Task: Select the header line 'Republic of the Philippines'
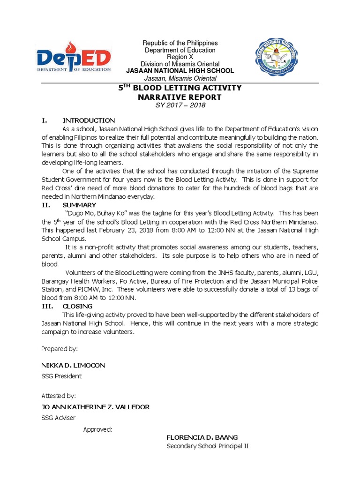click(180, 43)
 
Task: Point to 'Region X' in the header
click(180, 57)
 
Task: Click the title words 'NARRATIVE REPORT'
click(180, 97)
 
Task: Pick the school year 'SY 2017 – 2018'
click(180, 105)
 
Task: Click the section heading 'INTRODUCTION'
click(89, 120)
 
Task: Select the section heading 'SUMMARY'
click(79, 205)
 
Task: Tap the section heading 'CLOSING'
click(79, 306)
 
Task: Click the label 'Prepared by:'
click(60, 349)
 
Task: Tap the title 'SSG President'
click(61, 376)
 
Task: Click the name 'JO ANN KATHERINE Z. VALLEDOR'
click(96, 407)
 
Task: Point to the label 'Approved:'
click(97, 429)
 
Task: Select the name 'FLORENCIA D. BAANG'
click(199, 437)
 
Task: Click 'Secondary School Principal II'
click(207, 446)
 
